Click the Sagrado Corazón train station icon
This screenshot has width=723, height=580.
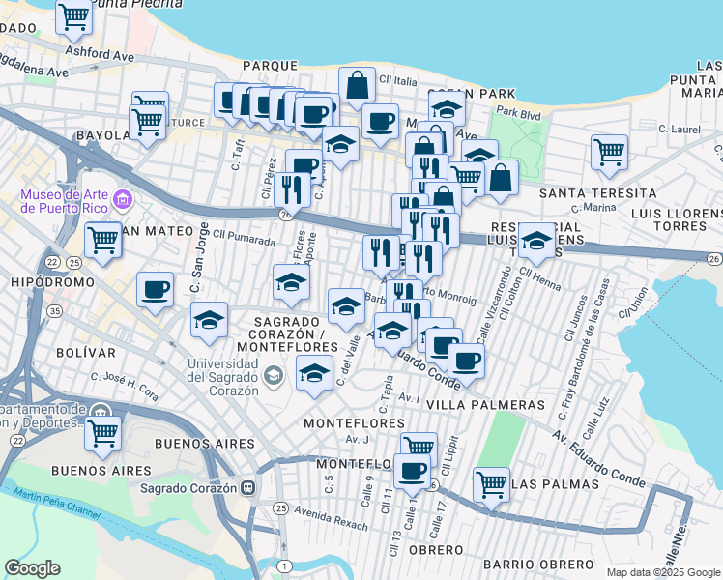(x=249, y=488)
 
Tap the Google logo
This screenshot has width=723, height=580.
(x=32, y=568)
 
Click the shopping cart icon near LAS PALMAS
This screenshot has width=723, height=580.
(x=492, y=482)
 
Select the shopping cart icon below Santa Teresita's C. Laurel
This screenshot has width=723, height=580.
(x=609, y=151)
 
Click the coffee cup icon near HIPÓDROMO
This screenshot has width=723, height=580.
(x=155, y=288)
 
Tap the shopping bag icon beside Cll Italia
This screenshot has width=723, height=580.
(x=358, y=84)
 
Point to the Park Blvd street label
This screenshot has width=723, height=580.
(x=517, y=114)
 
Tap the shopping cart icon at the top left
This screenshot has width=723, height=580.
(x=73, y=15)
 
